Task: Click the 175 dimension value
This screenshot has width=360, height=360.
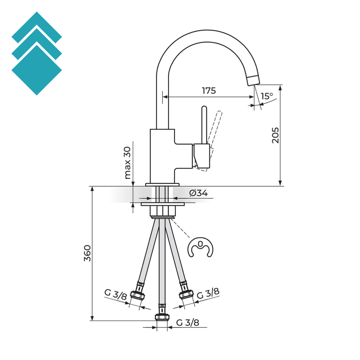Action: tap(208, 91)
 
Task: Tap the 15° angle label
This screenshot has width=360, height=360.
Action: tap(267, 96)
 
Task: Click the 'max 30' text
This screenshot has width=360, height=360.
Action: tap(128, 163)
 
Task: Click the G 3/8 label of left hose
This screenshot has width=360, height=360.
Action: tap(115, 295)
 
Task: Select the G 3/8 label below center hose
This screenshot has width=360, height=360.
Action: tap(187, 322)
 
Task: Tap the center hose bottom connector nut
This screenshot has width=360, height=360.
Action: tap(162, 317)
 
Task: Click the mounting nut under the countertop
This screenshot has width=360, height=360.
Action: tap(162, 210)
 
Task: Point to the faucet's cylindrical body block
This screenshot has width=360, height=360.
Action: tap(162, 153)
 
